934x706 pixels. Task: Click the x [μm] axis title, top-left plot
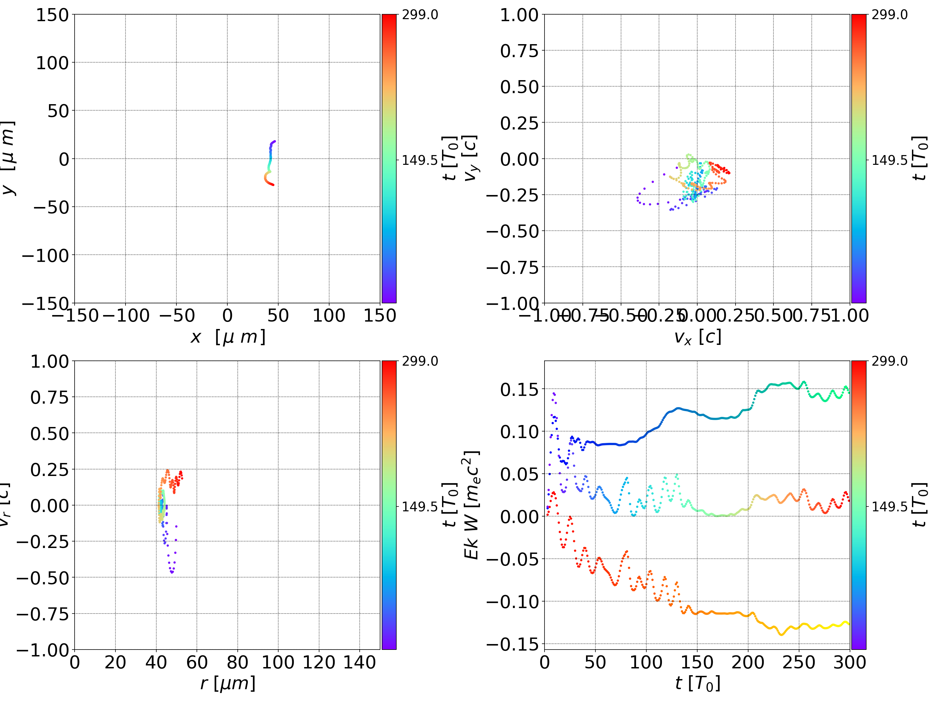(x=228, y=337)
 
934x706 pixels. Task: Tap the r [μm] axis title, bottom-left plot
(x=228, y=683)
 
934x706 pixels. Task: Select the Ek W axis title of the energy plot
(x=472, y=505)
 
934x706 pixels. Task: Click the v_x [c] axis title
(x=697, y=337)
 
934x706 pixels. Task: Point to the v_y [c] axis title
(x=470, y=158)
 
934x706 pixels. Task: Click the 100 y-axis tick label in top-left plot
(x=52, y=63)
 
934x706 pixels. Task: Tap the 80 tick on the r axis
(x=237, y=662)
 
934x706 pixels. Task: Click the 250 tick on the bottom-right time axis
(x=799, y=662)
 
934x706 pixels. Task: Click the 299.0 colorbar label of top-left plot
(x=420, y=15)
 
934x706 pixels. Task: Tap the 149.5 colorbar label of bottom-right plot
(x=890, y=506)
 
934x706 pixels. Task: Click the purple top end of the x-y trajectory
(x=275, y=141)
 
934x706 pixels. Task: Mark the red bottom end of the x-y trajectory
(x=273, y=185)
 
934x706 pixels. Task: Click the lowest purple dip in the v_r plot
(x=172, y=572)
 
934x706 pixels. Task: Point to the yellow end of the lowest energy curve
(x=848, y=624)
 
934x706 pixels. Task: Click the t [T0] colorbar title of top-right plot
(x=919, y=158)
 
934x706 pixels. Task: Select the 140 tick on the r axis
(x=359, y=662)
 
